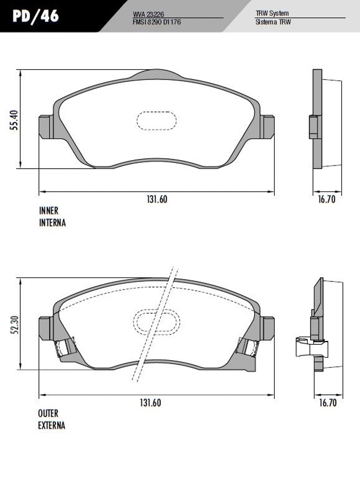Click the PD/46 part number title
[36, 16]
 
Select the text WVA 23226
[148, 14]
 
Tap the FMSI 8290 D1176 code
[157, 22]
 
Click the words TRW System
[272, 14]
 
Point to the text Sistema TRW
[273, 22]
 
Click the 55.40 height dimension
[15, 120]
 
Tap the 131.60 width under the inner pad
[157, 199]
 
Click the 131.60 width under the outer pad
[151, 403]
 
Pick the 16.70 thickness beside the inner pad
[327, 199]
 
